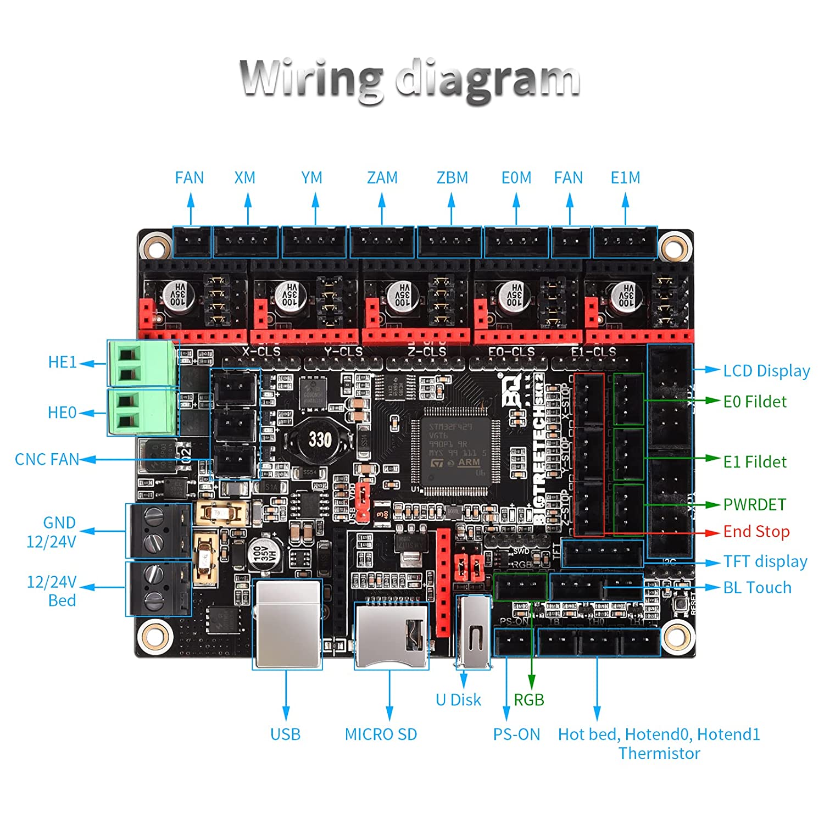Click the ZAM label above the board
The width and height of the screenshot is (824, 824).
pos(382,178)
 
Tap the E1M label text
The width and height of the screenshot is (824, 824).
pos(625,178)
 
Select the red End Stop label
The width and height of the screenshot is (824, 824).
pos(756,532)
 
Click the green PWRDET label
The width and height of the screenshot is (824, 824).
pos(754,504)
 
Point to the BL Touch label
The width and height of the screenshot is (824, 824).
pos(757,588)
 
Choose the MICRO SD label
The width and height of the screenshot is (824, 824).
pos(381,734)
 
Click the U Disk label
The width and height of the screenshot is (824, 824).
pos(458,700)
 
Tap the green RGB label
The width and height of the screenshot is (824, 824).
pos(528,700)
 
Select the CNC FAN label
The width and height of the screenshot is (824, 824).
pos(47,459)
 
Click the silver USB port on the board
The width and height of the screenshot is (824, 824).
pos(287,623)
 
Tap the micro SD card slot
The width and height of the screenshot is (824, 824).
pos(391,634)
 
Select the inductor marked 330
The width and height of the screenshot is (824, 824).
pos(319,439)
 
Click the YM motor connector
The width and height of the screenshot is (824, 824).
pos(314,242)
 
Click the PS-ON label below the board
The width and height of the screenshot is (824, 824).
pos(516,734)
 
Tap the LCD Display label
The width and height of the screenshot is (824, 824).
pos(766,371)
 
